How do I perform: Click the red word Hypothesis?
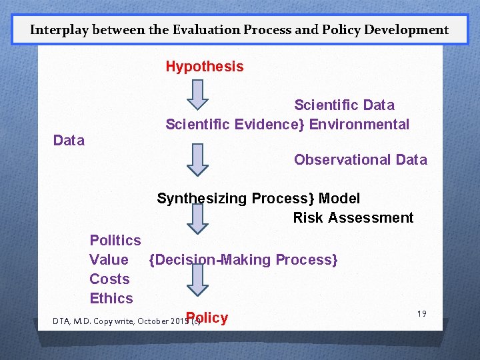[205, 67]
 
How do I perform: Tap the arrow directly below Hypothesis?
[197, 94]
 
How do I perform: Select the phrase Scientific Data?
[344, 105]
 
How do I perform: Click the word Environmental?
[359, 125]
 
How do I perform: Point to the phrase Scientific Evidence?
[233, 125]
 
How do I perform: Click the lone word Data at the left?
[69, 141]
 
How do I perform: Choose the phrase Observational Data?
[360, 160]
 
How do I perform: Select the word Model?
[339, 199]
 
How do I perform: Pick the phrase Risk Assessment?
[353, 218]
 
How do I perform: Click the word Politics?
[115, 241]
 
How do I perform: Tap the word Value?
[109, 260]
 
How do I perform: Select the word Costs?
[109, 279]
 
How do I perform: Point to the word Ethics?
[111, 299]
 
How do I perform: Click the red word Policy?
[207, 318]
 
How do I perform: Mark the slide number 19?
[421, 313]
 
